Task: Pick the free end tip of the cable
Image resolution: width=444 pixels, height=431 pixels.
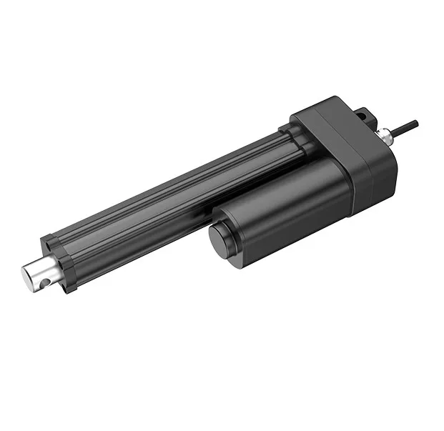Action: pos(418,122)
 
